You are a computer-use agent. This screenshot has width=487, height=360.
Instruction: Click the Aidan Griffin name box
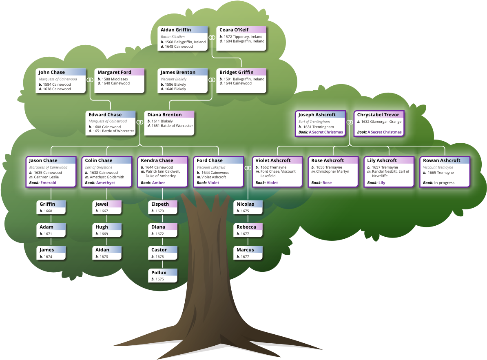[183, 38]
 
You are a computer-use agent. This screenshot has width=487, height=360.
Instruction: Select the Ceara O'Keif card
[241, 38]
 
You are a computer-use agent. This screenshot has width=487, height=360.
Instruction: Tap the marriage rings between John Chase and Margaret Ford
[90, 80]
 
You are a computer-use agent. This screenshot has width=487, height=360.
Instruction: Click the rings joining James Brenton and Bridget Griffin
[212, 80]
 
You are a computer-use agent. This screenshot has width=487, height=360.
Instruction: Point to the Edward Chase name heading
[105, 115]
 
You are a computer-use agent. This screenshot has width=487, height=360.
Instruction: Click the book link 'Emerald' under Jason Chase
[48, 183]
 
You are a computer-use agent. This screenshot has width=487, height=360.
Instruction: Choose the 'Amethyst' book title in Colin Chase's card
[106, 183]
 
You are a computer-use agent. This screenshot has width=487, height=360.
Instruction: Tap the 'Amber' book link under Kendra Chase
[158, 183]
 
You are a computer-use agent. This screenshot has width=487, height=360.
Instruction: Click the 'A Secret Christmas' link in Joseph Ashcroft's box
[326, 132]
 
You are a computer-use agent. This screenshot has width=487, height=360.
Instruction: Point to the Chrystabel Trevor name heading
[378, 115]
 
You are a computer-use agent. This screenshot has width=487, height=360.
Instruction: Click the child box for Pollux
[163, 276]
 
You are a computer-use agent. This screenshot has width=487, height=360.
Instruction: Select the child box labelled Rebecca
[248, 230]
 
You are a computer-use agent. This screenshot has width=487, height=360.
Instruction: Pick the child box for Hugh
[107, 230]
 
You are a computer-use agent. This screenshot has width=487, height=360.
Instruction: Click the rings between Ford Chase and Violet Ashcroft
[248, 168]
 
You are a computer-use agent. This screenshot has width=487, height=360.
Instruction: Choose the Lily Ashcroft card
[389, 172]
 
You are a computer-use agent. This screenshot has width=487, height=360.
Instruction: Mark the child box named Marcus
[248, 253]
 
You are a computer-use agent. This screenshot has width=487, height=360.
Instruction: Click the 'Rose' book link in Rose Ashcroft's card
[327, 183]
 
